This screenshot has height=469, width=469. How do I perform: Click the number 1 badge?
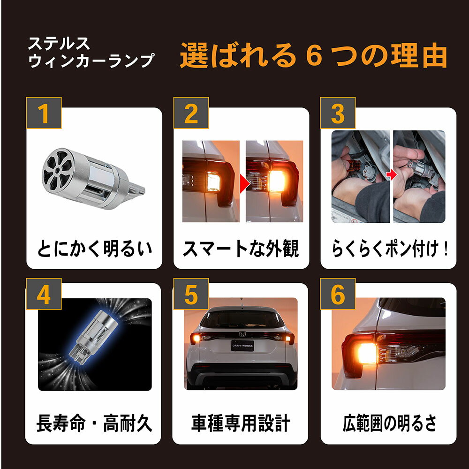[x=44, y=113]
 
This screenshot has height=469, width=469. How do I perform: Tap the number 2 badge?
[x=191, y=113]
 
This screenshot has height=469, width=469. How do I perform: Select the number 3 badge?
[x=338, y=113]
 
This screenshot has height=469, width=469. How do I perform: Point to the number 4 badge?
[x=44, y=294]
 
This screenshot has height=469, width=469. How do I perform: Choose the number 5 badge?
[x=191, y=294]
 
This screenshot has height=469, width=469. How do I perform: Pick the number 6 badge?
[x=338, y=294]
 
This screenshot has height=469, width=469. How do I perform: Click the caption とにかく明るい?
[x=95, y=249]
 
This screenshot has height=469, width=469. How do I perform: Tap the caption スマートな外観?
[x=241, y=249]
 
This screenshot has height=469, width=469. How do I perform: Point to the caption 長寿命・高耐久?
[x=94, y=423]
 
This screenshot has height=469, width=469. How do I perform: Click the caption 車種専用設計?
[x=241, y=423]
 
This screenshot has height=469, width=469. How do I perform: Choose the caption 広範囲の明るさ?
[x=389, y=423]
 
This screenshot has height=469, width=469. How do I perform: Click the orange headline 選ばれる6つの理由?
[x=313, y=56]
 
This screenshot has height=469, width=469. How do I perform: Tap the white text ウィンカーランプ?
[x=91, y=61]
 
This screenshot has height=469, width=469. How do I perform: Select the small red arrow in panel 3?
[x=391, y=175]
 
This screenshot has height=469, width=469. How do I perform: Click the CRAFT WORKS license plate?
[x=242, y=346]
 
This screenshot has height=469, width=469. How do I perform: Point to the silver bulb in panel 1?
[x=93, y=179]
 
